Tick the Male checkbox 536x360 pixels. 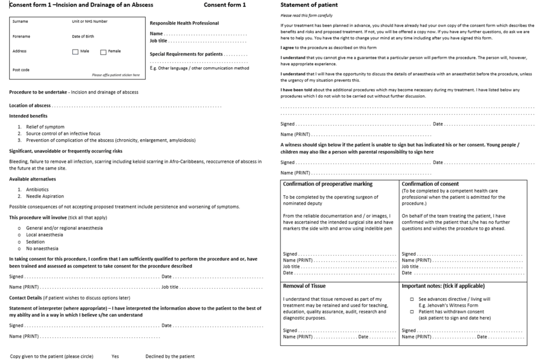click(x=75, y=52)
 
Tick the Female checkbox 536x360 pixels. click(x=103, y=52)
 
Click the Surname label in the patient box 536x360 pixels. click(x=20, y=21)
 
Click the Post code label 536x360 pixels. click(x=21, y=70)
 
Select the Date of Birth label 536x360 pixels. click(x=83, y=36)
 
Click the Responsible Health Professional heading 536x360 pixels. click(x=184, y=23)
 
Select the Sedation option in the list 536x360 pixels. click(x=37, y=241)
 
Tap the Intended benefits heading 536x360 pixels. click(x=28, y=116)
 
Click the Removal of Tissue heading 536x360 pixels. click(x=304, y=285)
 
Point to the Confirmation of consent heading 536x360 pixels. click(x=430, y=184)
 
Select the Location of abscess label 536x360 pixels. click(x=30, y=105)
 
